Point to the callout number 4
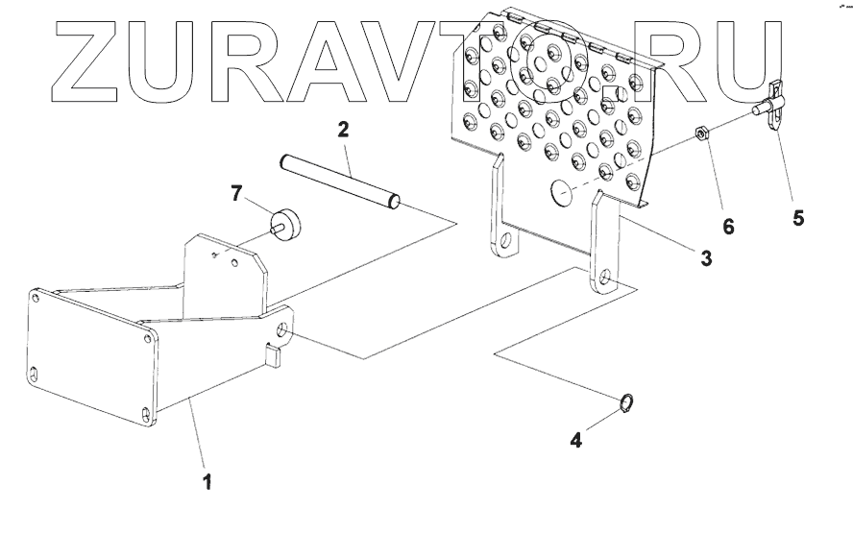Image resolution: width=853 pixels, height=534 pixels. coord(575,441)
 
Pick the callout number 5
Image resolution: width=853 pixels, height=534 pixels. coord(798,218)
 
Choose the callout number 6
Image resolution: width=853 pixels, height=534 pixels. coord(728,227)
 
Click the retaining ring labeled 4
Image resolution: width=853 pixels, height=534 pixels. coord(626,403)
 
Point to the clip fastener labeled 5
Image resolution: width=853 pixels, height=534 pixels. coord(774,106)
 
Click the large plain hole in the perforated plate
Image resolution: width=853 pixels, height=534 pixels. coord(563,194)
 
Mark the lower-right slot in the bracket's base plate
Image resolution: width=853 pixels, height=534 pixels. coord(145,413)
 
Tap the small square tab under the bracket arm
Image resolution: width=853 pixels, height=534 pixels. coord(274,357)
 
